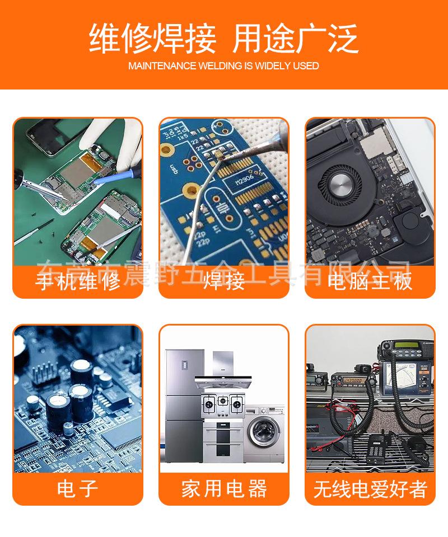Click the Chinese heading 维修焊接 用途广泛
tap(223, 39)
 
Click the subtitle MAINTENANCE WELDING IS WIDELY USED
tap(223, 66)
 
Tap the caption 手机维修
tap(78, 281)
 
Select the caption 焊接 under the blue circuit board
tap(224, 281)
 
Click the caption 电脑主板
tap(370, 281)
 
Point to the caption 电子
tap(78, 489)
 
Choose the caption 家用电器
tap(224, 489)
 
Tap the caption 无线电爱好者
tap(370, 489)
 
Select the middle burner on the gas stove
tap(223, 402)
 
